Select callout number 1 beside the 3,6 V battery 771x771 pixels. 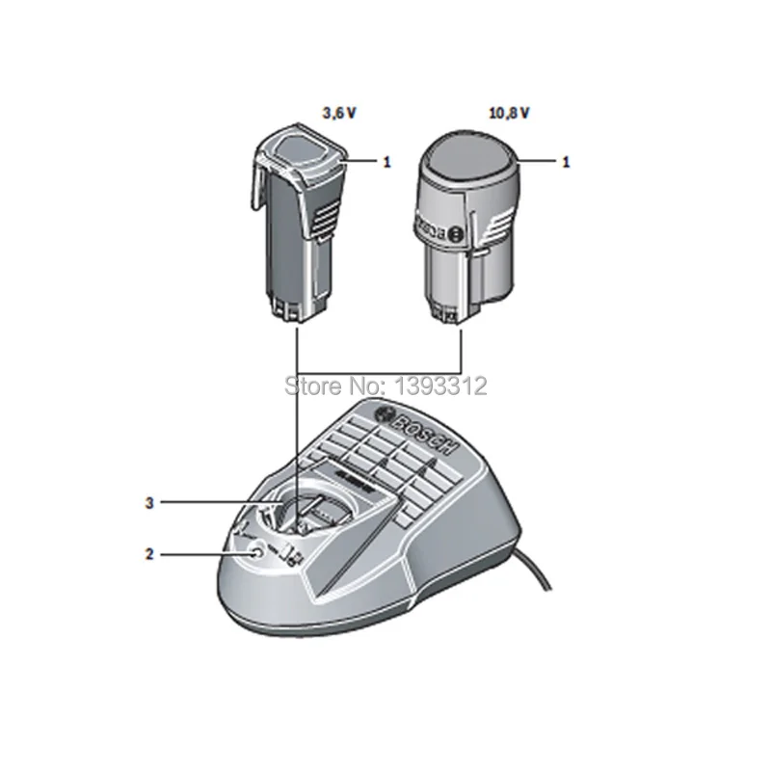[387, 162]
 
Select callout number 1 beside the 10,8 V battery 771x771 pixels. [566, 162]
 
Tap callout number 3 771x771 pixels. [149, 502]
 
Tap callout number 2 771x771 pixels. [149, 554]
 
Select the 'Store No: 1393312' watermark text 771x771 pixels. [385, 386]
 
